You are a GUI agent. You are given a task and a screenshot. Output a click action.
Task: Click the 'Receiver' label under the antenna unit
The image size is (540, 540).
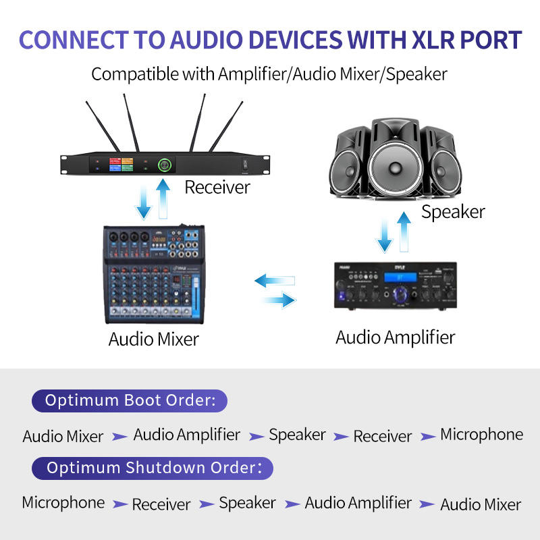click(217, 187)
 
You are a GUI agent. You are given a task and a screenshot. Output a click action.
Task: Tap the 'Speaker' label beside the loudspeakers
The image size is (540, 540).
click(453, 212)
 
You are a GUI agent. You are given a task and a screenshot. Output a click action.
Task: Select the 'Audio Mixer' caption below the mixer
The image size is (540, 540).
click(154, 339)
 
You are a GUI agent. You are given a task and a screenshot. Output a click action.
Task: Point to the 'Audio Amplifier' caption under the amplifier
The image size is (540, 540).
click(396, 337)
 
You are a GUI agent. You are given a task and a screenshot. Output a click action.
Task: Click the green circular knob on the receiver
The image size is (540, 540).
click(165, 165)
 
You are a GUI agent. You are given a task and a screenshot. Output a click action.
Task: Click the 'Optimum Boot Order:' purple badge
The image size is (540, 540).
click(130, 400)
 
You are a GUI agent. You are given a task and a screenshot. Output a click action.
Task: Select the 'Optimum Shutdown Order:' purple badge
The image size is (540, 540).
click(152, 468)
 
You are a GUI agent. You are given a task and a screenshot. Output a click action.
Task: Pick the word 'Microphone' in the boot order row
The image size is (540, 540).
click(481, 435)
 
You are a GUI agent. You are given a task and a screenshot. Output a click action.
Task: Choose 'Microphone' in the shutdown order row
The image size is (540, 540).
click(63, 503)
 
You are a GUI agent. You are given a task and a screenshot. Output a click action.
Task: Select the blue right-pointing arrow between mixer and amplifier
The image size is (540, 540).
click(279, 299)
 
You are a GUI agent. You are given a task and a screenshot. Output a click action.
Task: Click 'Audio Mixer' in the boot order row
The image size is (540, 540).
click(63, 436)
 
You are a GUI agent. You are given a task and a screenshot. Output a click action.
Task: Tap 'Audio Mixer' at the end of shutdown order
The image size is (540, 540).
click(481, 504)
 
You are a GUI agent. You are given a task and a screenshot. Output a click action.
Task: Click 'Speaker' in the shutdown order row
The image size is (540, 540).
click(247, 503)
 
